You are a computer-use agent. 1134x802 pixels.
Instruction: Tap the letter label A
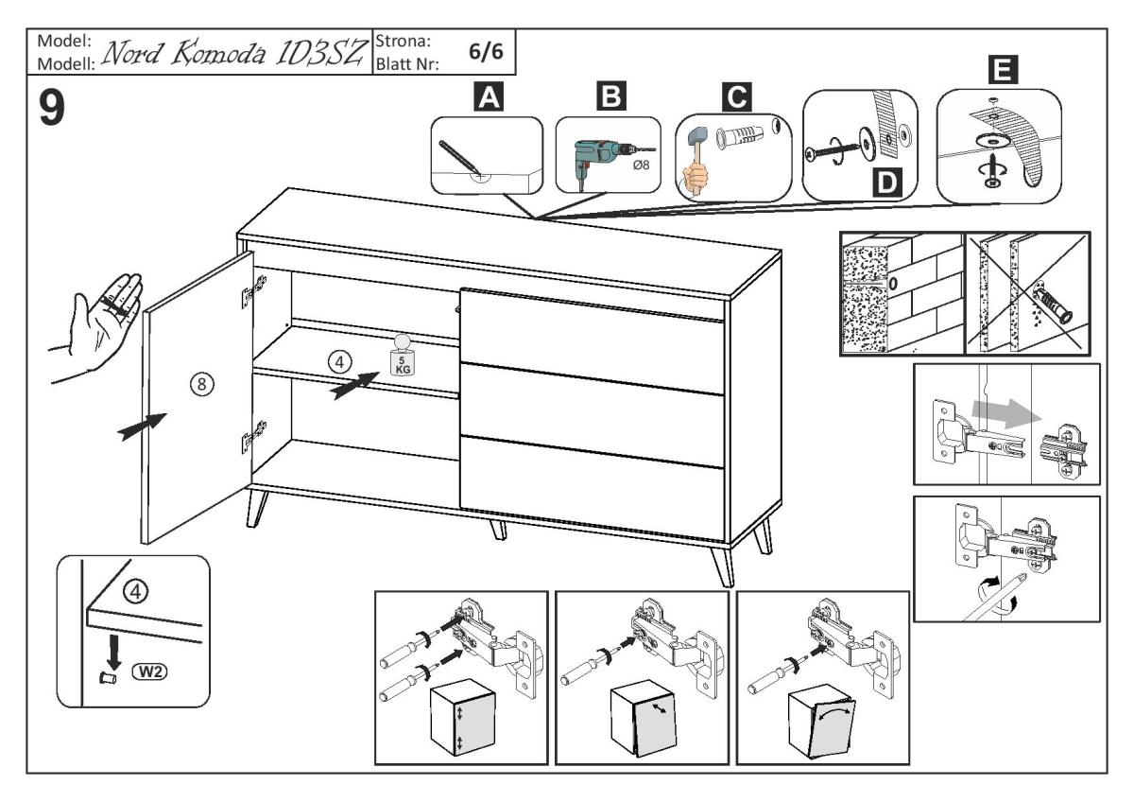pos(487,97)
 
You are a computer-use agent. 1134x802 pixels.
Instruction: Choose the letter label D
pos(885,182)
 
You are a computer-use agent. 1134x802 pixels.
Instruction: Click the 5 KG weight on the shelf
pos(403,357)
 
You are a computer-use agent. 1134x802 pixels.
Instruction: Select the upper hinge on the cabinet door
pos(249,291)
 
